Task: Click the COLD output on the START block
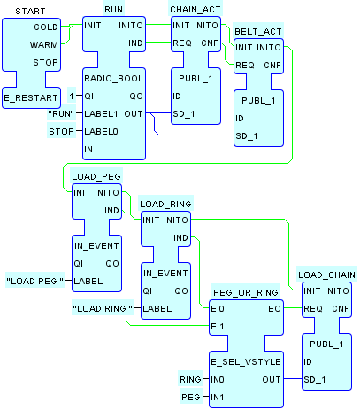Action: (x=46, y=27)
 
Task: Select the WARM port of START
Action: (x=44, y=45)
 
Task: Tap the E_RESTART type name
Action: (x=31, y=98)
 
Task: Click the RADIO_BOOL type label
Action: (x=114, y=79)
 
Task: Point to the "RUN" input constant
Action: (x=62, y=114)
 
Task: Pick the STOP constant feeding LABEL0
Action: (x=61, y=132)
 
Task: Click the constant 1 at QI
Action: (x=72, y=97)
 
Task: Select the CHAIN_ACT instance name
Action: (x=195, y=10)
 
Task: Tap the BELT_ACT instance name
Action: (x=258, y=32)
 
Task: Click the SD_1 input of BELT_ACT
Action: (x=247, y=136)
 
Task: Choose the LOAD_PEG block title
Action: (x=96, y=177)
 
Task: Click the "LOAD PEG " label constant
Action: (x=35, y=282)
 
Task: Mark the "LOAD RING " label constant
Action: (x=103, y=309)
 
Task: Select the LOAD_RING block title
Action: (x=165, y=205)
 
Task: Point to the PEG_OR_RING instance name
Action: (x=246, y=292)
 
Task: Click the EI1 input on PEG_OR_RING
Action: (x=218, y=327)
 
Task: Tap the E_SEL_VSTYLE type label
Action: (x=246, y=362)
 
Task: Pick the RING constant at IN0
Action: (x=191, y=380)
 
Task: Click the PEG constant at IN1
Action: (x=191, y=398)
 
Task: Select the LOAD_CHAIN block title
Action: (x=326, y=275)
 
